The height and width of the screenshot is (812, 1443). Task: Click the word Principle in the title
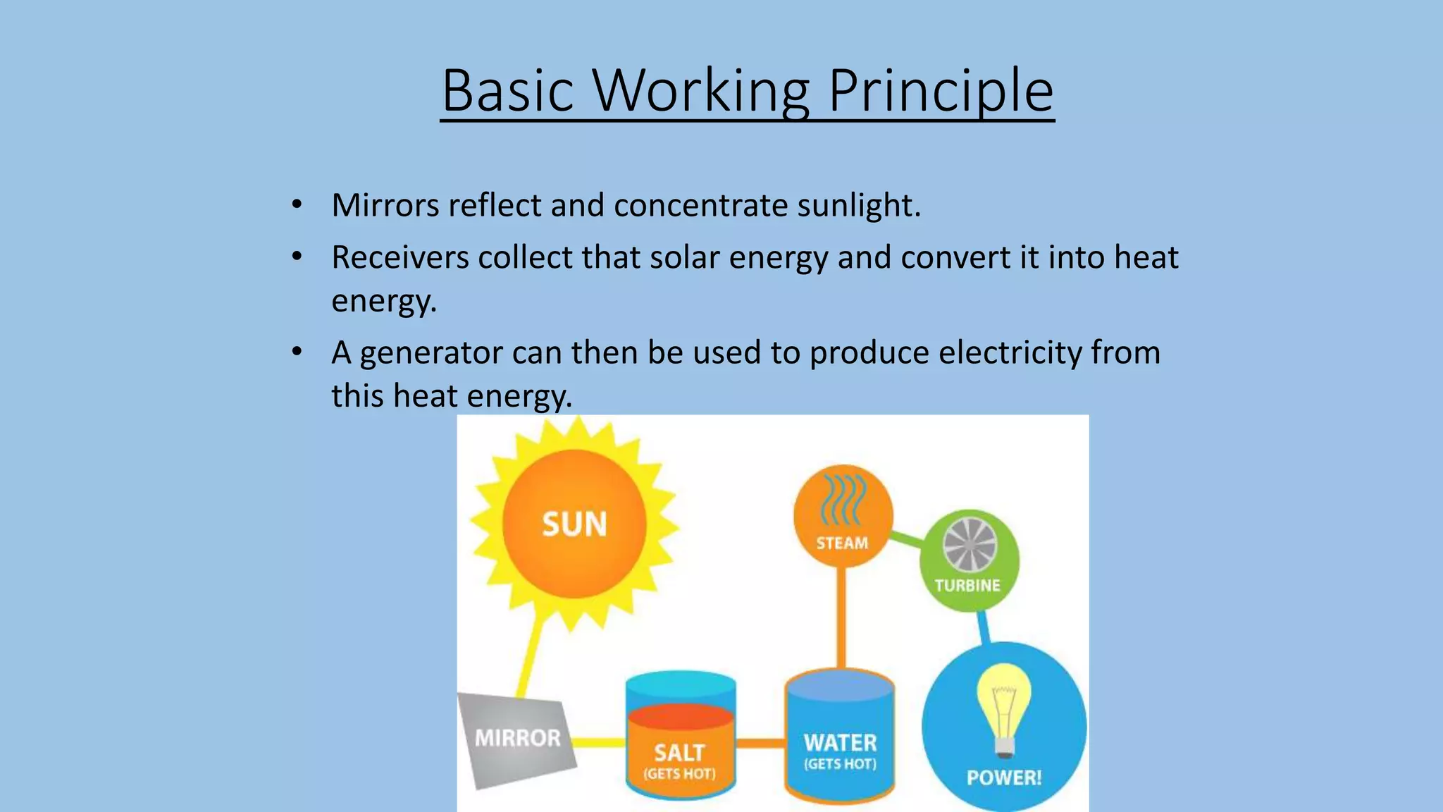[x=941, y=91]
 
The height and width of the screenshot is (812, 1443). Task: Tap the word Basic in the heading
[x=507, y=91]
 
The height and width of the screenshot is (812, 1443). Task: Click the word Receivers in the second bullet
[x=400, y=257]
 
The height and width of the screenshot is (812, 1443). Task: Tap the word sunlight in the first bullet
[x=858, y=206]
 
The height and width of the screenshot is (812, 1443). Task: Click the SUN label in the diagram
[x=574, y=524]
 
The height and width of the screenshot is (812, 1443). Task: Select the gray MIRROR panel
[x=517, y=738]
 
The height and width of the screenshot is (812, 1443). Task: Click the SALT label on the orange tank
[x=679, y=753]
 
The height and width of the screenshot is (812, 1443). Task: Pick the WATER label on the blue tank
[x=840, y=743]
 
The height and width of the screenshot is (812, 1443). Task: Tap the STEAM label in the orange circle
[x=842, y=543]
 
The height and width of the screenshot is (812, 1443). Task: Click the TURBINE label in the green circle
[x=967, y=586]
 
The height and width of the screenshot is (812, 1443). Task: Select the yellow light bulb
[x=1003, y=708]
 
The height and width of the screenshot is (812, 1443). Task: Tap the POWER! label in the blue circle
[x=1003, y=778]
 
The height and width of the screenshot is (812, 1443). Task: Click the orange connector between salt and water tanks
[x=761, y=744]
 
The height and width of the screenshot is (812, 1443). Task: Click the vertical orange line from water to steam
[x=841, y=617]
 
